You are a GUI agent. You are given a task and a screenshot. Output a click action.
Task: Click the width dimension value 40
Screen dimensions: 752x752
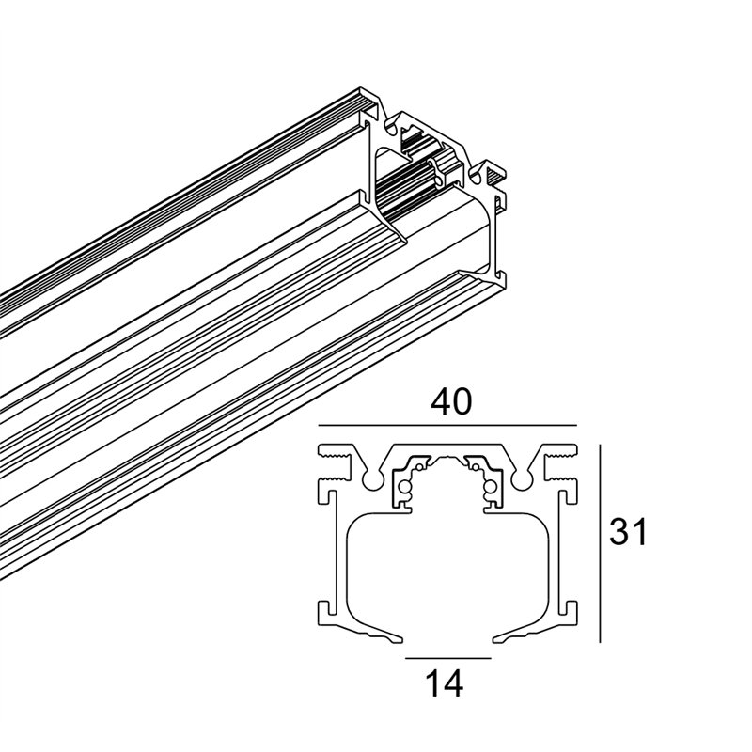coord(451,402)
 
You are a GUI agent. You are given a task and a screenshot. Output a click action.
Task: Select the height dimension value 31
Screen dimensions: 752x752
coord(628,531)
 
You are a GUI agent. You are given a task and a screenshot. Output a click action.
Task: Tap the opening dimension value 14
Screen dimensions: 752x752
coord(444,683)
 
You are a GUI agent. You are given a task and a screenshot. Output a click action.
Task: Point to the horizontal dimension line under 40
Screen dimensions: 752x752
coord(447,425)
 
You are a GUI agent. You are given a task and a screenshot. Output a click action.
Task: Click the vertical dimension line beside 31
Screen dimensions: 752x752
coord(600,543)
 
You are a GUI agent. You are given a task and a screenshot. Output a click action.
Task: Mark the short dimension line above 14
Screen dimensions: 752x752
coord(448,658)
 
